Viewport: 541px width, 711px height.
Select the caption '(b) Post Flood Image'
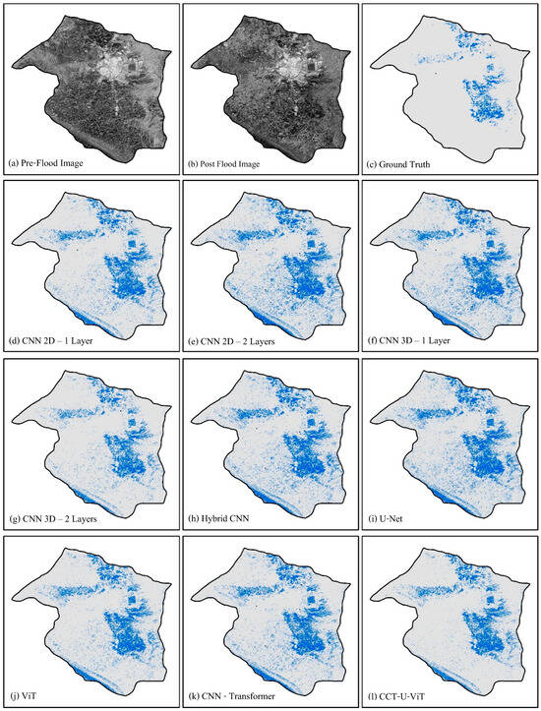tap(228, 161)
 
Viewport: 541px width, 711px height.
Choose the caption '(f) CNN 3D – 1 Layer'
tap(411, 339)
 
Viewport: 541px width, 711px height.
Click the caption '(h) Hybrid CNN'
tap(217, 517)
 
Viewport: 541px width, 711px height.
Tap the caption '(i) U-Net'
tap(389, 517)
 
